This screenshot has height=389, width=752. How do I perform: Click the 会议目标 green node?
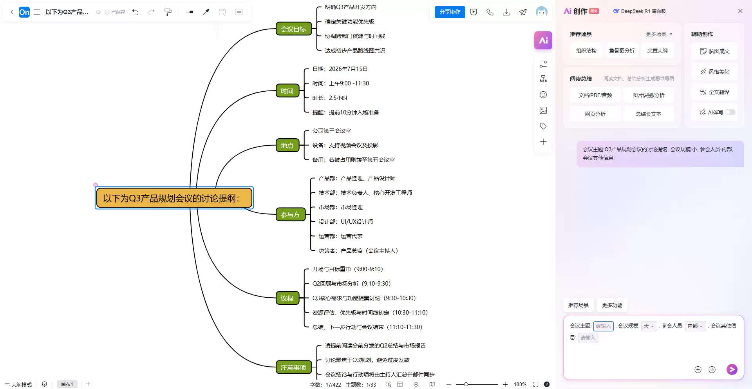click(293, 29)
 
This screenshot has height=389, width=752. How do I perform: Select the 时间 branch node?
click(287, 91)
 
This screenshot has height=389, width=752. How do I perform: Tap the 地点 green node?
click(287, 145)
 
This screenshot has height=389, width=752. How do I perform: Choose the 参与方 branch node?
click(290, 215)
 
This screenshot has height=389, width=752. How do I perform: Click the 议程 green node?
click(287, 298)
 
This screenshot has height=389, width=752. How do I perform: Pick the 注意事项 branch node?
click(293, 367)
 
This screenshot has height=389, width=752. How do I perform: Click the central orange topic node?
click(174, 198)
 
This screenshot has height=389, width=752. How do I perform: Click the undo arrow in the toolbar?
click(136, 12)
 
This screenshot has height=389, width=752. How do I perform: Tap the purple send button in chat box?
click(732, 369)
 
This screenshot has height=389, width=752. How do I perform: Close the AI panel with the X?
click(740, 11)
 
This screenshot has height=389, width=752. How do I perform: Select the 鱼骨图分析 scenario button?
click(622, 51)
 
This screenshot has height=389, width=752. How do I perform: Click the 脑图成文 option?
click(714, 51)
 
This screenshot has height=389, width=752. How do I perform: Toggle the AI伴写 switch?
click(730, 112)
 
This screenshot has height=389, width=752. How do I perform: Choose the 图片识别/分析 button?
click(649, 95)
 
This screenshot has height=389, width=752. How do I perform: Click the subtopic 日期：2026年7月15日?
click(340, 69)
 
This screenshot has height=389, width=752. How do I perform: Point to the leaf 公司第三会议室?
click(331, 131)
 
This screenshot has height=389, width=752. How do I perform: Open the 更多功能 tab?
click(612, 305)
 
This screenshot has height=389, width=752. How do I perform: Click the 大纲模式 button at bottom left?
click(19, 384)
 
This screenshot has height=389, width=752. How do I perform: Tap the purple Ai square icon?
click(543, 40)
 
